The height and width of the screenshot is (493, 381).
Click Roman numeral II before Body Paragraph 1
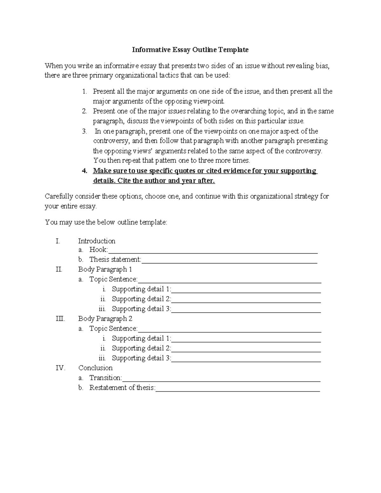coord(59,270)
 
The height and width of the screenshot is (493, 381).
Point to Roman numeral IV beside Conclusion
coord(60,368)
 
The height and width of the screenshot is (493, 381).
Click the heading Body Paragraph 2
coord(105,319)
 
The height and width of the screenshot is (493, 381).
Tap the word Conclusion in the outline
coord(95,368)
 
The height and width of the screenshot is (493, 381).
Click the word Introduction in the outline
coord(97,241)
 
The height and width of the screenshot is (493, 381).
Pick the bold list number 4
coord(84,171)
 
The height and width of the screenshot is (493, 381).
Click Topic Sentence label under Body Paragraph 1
coord(113,279)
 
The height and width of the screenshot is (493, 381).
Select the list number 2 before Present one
coord(84,111)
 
